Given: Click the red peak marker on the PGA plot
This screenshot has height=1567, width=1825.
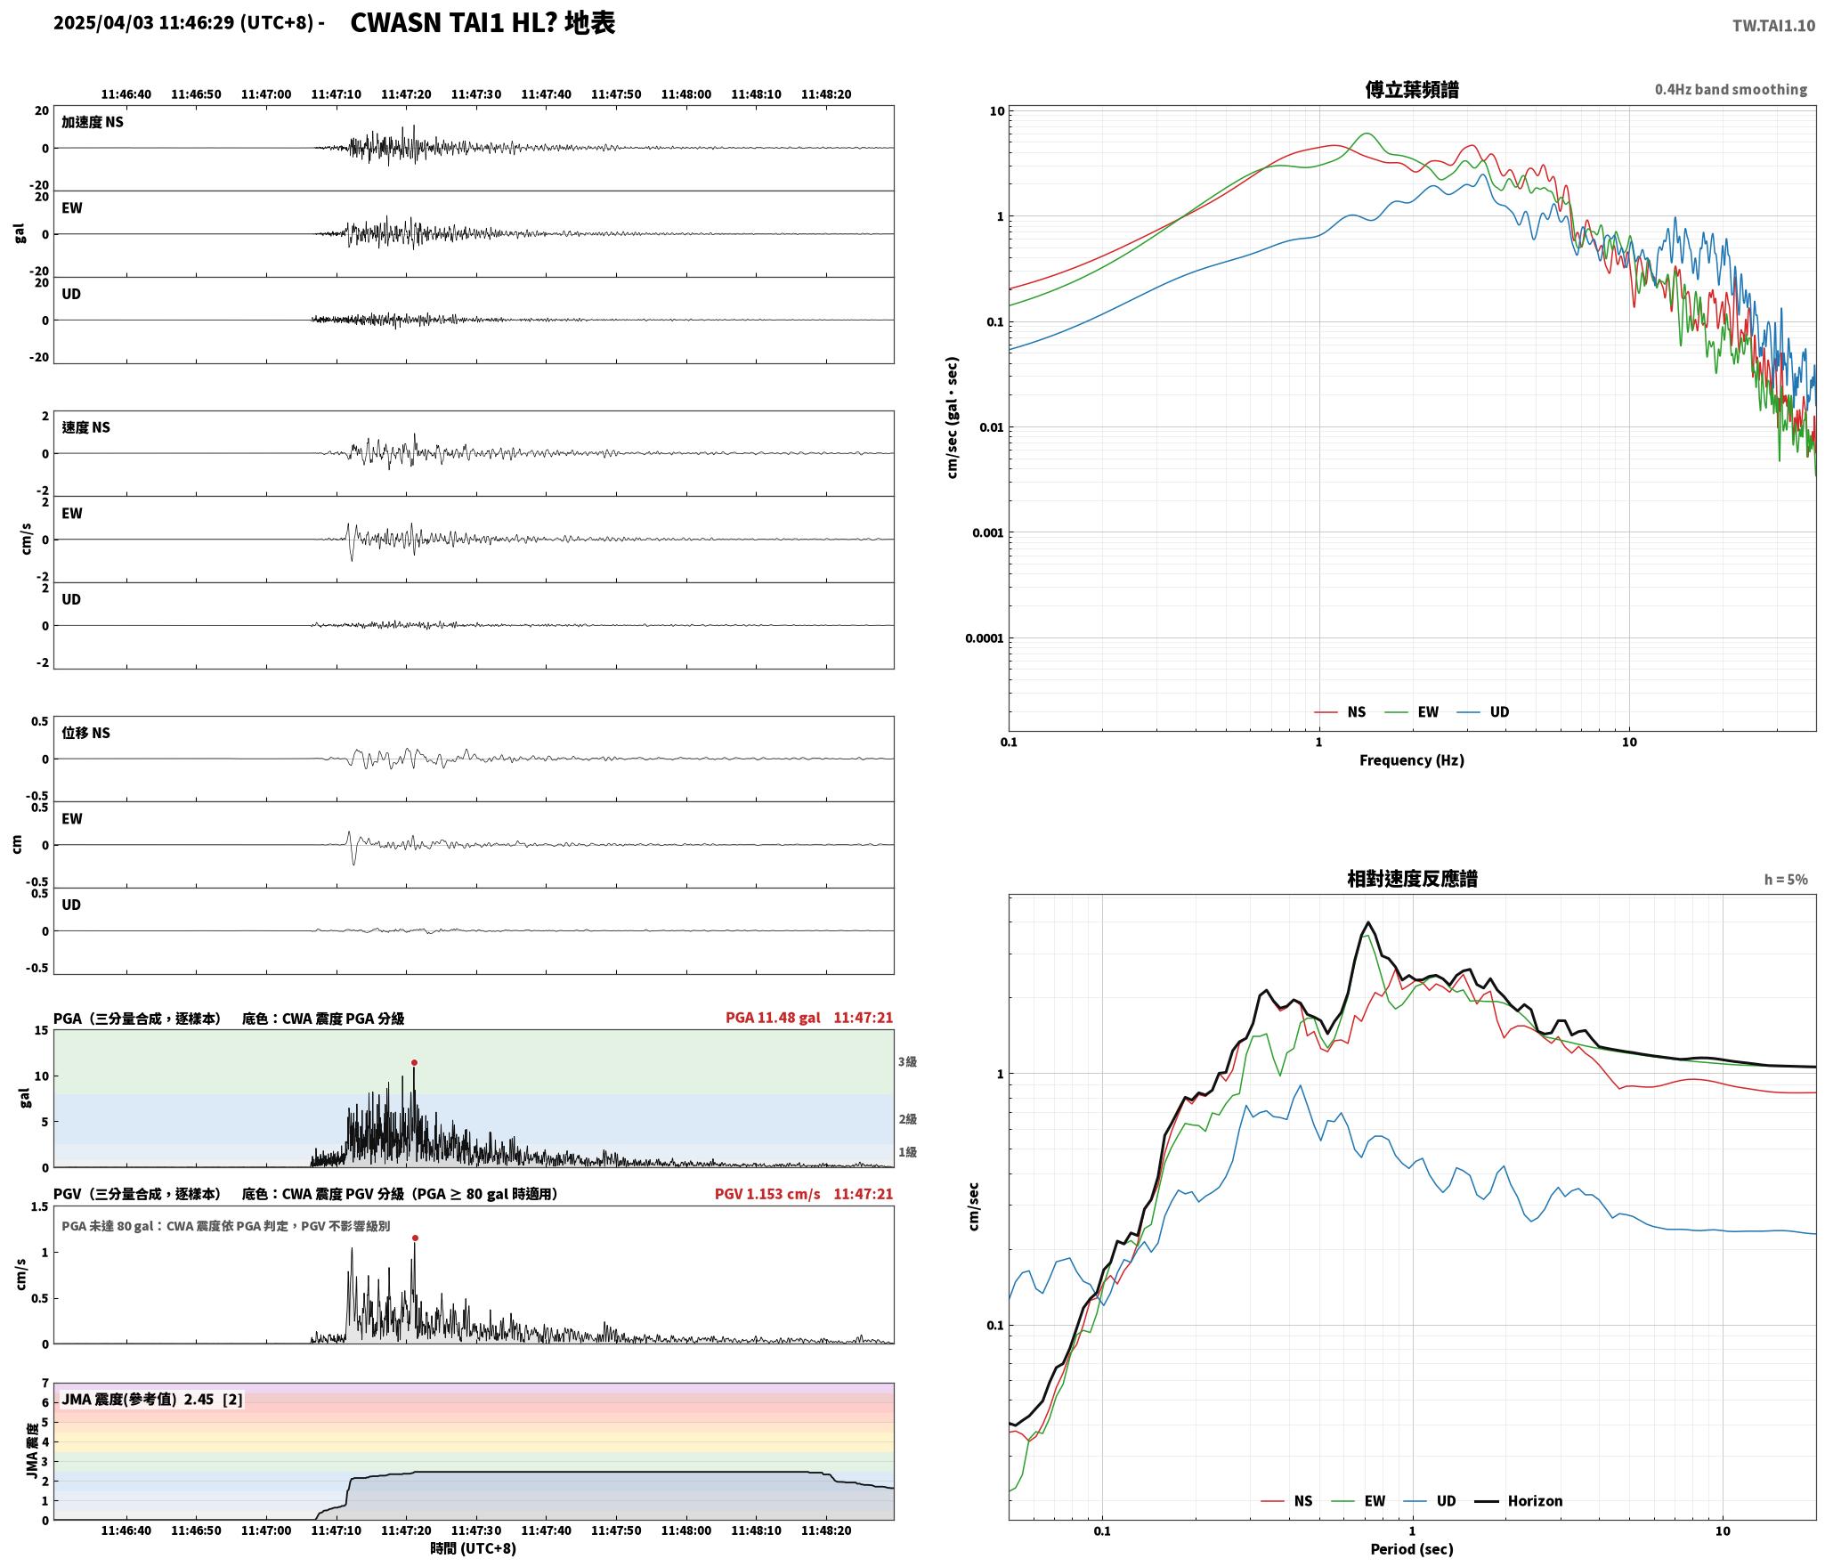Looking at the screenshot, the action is coord(414,1062).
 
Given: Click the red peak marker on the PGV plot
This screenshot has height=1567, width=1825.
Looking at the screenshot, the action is coord(415,1238).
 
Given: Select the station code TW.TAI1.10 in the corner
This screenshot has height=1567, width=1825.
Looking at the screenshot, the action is coord(1773,26).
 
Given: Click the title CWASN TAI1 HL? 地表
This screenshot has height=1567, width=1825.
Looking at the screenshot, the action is coord(483,23).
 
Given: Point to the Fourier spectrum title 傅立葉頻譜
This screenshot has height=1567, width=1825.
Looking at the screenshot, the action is coord(1412,89).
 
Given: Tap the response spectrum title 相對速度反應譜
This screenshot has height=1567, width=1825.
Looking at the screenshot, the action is coord(1412,879).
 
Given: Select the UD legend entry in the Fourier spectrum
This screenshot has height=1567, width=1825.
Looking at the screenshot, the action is coord(1483,711).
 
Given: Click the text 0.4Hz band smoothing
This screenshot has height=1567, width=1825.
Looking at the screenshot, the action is coord(1731,90).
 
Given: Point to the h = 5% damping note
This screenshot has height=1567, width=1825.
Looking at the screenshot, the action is coord(1786,880).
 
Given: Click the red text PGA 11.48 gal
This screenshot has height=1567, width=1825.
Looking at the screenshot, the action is coord(773,1018).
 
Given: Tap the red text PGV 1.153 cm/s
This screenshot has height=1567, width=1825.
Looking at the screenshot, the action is coord(767,1194).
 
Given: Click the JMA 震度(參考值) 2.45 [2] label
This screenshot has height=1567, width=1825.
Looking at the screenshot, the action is coord(152,1400).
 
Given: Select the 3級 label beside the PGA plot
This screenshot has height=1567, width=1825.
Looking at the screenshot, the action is coord(907,1061).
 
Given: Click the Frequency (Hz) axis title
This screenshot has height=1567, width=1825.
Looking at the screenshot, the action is coord(1412,760).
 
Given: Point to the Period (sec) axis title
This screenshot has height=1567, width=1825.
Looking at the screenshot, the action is coord(1412,1550).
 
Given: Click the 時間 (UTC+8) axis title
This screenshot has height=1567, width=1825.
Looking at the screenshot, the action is coord(473,1548).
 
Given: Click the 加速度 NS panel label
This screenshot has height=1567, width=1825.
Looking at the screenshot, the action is coord(93,122).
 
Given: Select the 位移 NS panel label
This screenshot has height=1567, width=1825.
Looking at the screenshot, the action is coord(85,733).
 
